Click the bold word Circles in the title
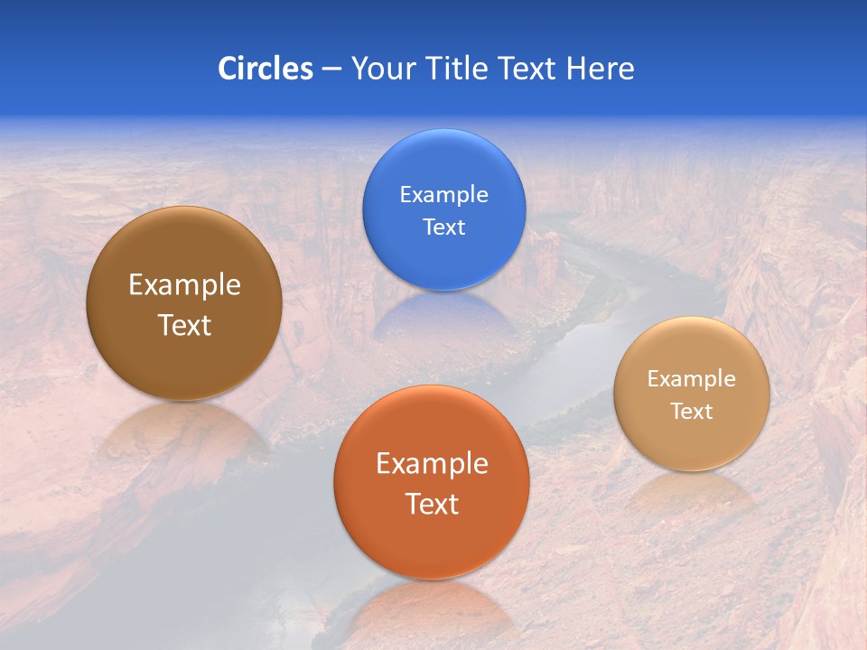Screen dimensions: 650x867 pyautogui.click(x=266, y=69)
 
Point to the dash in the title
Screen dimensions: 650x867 pyautogui.click(x=331, y=70)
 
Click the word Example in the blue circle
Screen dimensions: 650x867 pyautogui.click(x=443, y=195)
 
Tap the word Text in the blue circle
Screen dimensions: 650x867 pyautogui.click(x=443, y=227)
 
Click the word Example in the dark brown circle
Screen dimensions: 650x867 pyautogui.click(x=184, y=285)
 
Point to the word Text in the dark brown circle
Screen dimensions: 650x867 pyautogui.click(x=184, y=325)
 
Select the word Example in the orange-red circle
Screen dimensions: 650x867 pyautogui.click(x=432, y=464)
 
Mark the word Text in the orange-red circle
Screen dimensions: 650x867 pyautogui.click(x=432, y=504)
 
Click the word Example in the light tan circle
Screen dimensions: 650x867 pyautogui.click(x=692, y=379)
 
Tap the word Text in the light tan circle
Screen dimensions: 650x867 pyautogui.click(x=692, y=412)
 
